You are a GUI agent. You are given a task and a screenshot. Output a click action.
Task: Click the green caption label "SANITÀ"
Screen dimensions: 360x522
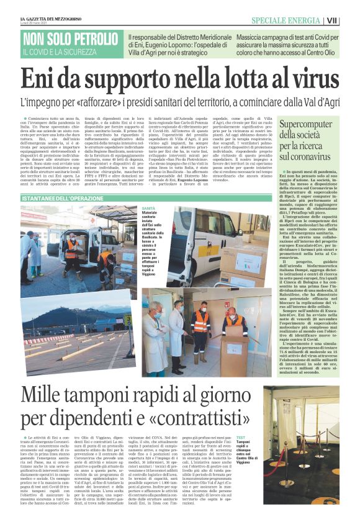click(x=148, y=209)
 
